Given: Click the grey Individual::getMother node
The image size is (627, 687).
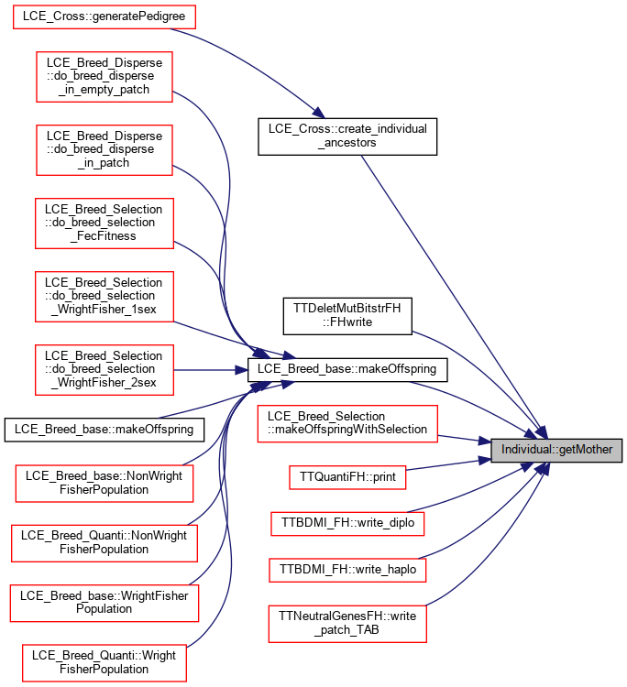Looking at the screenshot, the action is (x=556, y=450).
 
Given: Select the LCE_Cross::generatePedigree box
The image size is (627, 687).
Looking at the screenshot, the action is (x=104, y=17).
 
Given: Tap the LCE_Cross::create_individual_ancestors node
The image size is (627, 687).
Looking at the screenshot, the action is (x=347, y=136).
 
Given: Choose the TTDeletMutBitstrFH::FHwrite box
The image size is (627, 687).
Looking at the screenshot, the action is (x=347, y=316).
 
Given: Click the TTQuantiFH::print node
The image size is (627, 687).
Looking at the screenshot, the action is (x=347, y=477).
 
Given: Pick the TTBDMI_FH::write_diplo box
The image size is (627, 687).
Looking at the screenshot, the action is (x=347, y=523).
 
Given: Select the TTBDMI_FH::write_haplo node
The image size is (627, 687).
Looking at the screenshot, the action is (x=347, y=570).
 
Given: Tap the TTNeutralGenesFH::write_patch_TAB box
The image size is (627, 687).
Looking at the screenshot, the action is (x=347, y=624).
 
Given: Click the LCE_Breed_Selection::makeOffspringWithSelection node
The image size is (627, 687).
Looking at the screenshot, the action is (x=347, y=423).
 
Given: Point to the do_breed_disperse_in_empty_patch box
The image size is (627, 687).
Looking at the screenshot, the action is (x=104, y=77).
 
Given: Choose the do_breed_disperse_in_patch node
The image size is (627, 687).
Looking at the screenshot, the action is (x=104, y=150).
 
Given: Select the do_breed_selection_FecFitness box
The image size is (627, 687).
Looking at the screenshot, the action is (x=104, y=223).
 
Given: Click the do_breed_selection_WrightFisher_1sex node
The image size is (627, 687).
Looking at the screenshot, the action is (x=104, y=296).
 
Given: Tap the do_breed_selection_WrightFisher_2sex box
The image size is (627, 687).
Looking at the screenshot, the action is (x=104, y=369).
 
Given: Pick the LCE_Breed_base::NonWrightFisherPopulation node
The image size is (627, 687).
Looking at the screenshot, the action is (x=104, y=484).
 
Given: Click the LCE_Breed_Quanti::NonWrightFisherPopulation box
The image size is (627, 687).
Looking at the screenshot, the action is (x=104, y=543).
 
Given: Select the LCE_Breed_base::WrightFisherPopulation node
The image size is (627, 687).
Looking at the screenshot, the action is (x=104, y=603).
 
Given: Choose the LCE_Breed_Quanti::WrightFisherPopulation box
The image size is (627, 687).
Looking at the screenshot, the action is (x=104, y=663).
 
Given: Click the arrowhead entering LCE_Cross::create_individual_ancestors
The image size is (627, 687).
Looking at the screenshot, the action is (x=318, y=113).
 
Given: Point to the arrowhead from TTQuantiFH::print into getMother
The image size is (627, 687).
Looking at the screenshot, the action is (x=484, y=461).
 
